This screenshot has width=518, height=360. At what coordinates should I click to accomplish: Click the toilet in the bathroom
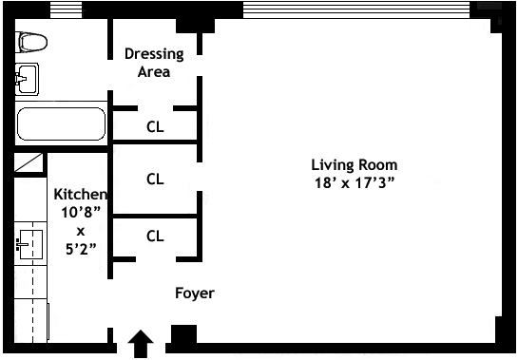click(x=31, y=43)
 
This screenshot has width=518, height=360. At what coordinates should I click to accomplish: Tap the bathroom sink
click(x=27, y=79)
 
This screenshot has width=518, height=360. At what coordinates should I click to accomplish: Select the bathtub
click(x=61, y=123)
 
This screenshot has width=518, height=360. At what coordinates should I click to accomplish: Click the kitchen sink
click(x=30, y=244)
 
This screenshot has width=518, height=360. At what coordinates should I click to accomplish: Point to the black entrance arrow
click(x=141, y=344)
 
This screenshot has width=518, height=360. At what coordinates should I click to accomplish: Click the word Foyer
click(x=195, y=293)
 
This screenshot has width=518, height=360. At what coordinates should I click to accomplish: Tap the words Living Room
click(x=355, y=165)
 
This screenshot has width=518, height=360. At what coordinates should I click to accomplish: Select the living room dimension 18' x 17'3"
click(x=355, y=182)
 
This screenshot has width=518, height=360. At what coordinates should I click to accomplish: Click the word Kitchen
click(x=81, y=194)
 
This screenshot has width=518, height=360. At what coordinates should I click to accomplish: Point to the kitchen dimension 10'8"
click(x=81, y=212)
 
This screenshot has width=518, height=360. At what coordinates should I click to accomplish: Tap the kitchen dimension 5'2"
click(x=81, y=249)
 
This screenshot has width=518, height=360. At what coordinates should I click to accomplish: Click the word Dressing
click(x=154, y=54)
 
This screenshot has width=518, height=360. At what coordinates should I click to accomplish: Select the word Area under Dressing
click(x=154, y=71)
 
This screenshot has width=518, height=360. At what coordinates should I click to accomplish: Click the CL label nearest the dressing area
click(x=155, y=126)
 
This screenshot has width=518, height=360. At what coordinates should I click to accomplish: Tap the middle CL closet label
click(x=155, y=179)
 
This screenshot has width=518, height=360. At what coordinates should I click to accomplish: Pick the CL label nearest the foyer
click(x=155, y=237)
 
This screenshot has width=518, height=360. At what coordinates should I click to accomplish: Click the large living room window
click(x=356, y=9)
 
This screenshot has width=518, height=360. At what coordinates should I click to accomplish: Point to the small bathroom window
click(x=66, y=9)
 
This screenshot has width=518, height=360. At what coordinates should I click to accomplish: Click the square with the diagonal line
click(x=29, y=162)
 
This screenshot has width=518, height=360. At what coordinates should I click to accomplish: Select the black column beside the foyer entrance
click(x=183, y=334)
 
